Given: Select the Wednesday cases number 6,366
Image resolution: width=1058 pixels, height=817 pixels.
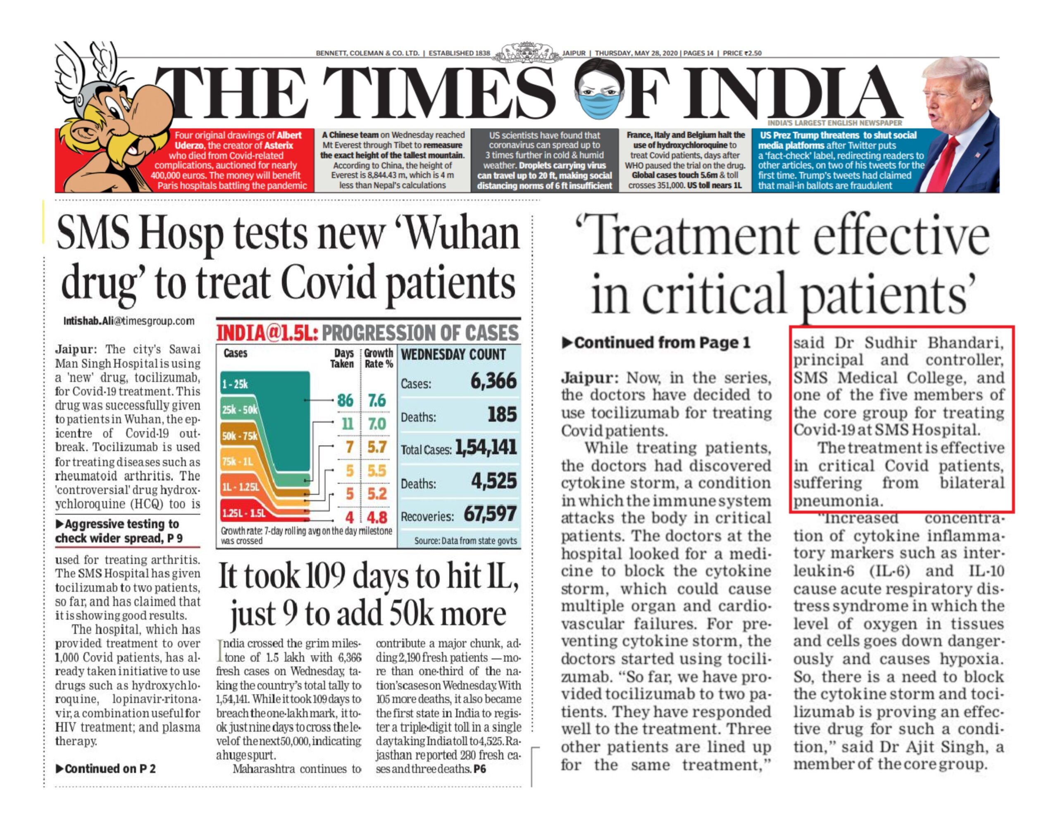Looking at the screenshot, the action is click(493, 381).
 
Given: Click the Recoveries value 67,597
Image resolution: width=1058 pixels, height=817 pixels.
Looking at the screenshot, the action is click(490, 514).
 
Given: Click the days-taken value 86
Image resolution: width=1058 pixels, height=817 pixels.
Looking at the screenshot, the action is click(345, 401).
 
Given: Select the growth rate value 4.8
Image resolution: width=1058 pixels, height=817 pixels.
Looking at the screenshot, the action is click(377, 517).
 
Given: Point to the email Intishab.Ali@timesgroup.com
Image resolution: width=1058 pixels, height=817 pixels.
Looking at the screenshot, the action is click(129, 321).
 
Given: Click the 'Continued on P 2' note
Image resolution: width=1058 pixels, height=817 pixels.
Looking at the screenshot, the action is click(106, 769).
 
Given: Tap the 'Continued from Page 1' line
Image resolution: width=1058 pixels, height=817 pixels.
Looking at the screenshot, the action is click(656, 343).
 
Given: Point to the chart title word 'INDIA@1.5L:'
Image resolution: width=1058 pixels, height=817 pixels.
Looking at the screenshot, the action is click(267, 333).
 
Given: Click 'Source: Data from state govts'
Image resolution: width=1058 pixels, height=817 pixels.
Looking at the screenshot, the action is click(465, 541).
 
